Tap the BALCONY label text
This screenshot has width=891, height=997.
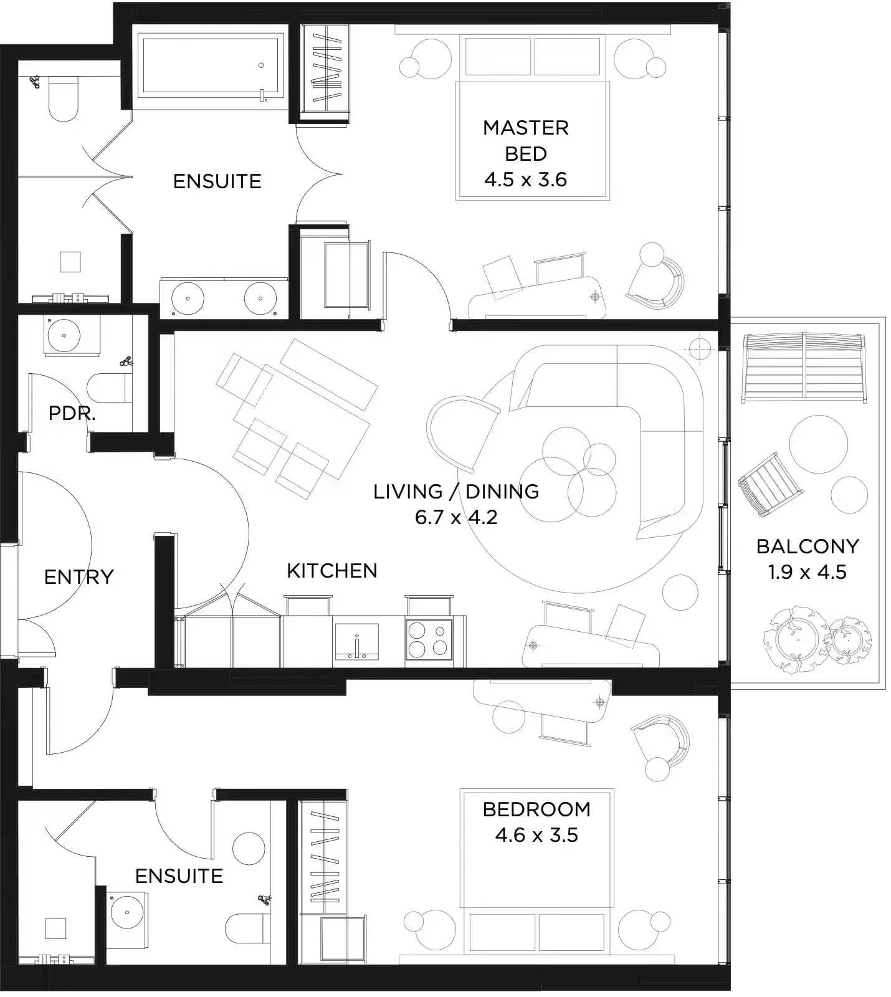(808, 546)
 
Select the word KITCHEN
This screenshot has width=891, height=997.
(332, 570)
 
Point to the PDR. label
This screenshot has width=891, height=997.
(72, 413)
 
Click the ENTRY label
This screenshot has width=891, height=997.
(79, 577)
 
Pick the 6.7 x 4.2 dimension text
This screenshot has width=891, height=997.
(456, 517)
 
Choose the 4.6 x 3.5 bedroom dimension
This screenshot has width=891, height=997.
(536, 835)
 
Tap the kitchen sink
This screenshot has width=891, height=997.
(356, 641)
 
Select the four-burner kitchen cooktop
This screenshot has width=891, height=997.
(429, 639)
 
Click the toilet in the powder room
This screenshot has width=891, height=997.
(110, 388)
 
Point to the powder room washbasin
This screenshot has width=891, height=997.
(64, 336)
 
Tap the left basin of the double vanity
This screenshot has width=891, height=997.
(188, 297)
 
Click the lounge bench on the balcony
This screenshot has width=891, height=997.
(803, 368)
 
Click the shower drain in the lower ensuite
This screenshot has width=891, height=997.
(56, 928)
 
